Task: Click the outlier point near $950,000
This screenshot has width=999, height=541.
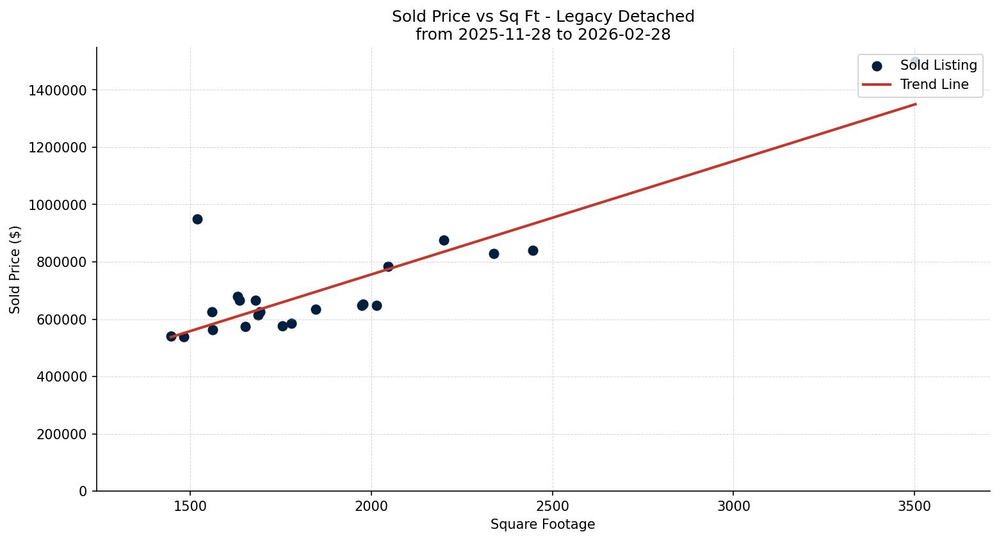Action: pos(197,219)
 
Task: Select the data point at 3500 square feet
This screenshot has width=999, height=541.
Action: pos(914,62)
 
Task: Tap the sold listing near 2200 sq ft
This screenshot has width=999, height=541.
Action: pos(444,240)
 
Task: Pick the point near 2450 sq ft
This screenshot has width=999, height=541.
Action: pos(533,250)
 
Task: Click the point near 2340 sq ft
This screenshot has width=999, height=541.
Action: pos(494,254)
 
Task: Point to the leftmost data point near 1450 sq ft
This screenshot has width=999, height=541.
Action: pos(171,336)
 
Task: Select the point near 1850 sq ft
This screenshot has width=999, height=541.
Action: pos(316,309)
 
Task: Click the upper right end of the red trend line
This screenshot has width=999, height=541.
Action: pos(915,104)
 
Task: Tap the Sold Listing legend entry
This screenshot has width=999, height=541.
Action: pos(938,65)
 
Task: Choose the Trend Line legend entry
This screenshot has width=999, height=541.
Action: pos(934,85)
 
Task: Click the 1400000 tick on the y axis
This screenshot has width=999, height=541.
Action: pos(58,90)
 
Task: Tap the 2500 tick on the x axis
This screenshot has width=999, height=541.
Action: pos(552,506)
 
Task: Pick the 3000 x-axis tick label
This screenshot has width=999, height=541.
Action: pos(733,506)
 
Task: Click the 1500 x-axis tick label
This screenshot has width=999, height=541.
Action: pos(190,506)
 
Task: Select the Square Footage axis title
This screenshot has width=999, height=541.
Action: pos(542,524)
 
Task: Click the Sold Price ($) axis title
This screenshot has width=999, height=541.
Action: pos(15,269)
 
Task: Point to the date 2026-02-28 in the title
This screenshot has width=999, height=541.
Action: pos(624,35)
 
